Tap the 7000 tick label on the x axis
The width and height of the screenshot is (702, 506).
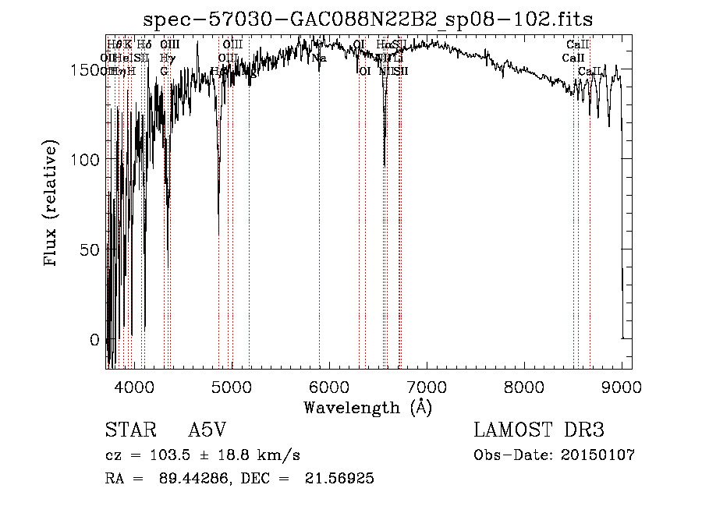pyautogui.click(x=427, y=385)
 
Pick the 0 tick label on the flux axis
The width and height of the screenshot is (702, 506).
pyautogui.click(x=96, y=341)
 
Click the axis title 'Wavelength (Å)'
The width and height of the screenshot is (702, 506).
pyautogui.click(x=367, y=407)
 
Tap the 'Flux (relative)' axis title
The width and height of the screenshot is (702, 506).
pyautogui.click(x=52, y=204)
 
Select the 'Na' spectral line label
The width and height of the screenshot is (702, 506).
pyautogui.click(x=318, y=58)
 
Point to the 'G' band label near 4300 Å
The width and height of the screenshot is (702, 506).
pyautogui.click(x=164, y=71)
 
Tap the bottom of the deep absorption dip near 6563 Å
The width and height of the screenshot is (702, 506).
pyautogui.click(x=385, y=165)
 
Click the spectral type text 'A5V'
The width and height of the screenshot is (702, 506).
pyautogui.click(x=207, y=431)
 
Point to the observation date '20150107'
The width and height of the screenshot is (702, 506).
pyautogui.click(x=598, y=455)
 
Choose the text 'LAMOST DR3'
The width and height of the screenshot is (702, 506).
pyautogui.click(x=538, y=431)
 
